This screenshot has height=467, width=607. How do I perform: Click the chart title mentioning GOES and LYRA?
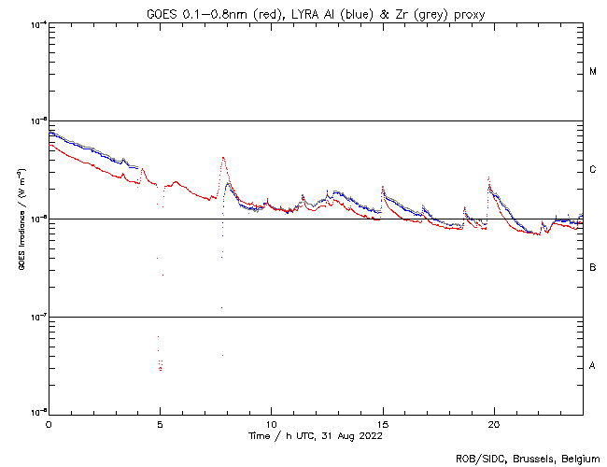pyautogui.click(x=316, y=14)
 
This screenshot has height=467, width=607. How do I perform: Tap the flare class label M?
pyautogui.click(x=593, y=72)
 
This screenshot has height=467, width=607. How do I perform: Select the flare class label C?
pyautogui.click(x=593, y=170)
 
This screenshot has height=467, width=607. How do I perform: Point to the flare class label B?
pyautogui.click(x=593, y=268)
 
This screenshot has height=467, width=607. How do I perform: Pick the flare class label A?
pyautogui.click(x=593, y=366)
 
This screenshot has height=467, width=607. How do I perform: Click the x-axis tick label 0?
pyautogui.click(x=49, y=423)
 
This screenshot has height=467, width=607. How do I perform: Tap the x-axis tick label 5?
pyautogui.click(x=160, y=423)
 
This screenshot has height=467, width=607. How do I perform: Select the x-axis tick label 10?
pyautogui.click(x=271, y=423)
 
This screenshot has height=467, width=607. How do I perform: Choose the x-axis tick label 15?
pyautogui.click(x=382, y=423)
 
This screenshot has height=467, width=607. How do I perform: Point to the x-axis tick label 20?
pyautogui.click(x=493, y=423)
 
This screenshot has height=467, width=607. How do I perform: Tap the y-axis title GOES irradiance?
pyautogui.click(x=20, y=219)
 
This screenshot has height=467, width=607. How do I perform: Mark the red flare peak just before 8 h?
pyautogui.click(x=222, y=158)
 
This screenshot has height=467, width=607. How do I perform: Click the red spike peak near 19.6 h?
pyautogui.click(x=487, y=177)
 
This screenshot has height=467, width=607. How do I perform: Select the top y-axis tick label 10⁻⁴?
pyautogui.click(x=37, y=24)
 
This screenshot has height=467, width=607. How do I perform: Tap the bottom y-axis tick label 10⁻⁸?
pyautogui.click(x=37, y=413)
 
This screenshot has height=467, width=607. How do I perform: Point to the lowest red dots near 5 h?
pyautogui.click(x=161, y=370)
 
